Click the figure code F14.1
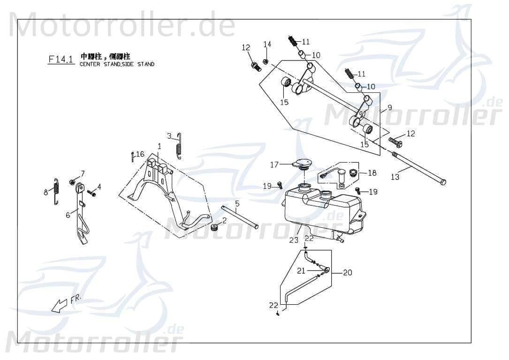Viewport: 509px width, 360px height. tap(61, 59)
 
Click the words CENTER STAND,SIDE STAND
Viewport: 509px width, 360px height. tap(117, 64)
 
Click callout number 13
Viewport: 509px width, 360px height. tap(395, 177)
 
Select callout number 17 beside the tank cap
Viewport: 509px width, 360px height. tap(274, 165)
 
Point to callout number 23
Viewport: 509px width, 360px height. tap(294, 240)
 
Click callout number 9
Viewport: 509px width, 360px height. tap(389, 107)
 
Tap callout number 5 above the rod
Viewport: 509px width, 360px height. tap(237, 203)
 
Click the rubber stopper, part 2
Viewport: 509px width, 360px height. tap(215, 228)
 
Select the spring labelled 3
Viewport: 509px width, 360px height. tap(178, 146)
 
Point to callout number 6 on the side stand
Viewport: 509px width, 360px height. tap(68, 214)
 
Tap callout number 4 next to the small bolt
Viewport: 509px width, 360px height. tap(99, 186)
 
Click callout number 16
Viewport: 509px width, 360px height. tap(140, 154)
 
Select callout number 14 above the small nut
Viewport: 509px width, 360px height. tap(267, 45)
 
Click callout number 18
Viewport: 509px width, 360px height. tap(372, 173)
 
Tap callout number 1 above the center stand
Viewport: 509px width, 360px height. tap(159, 146)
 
